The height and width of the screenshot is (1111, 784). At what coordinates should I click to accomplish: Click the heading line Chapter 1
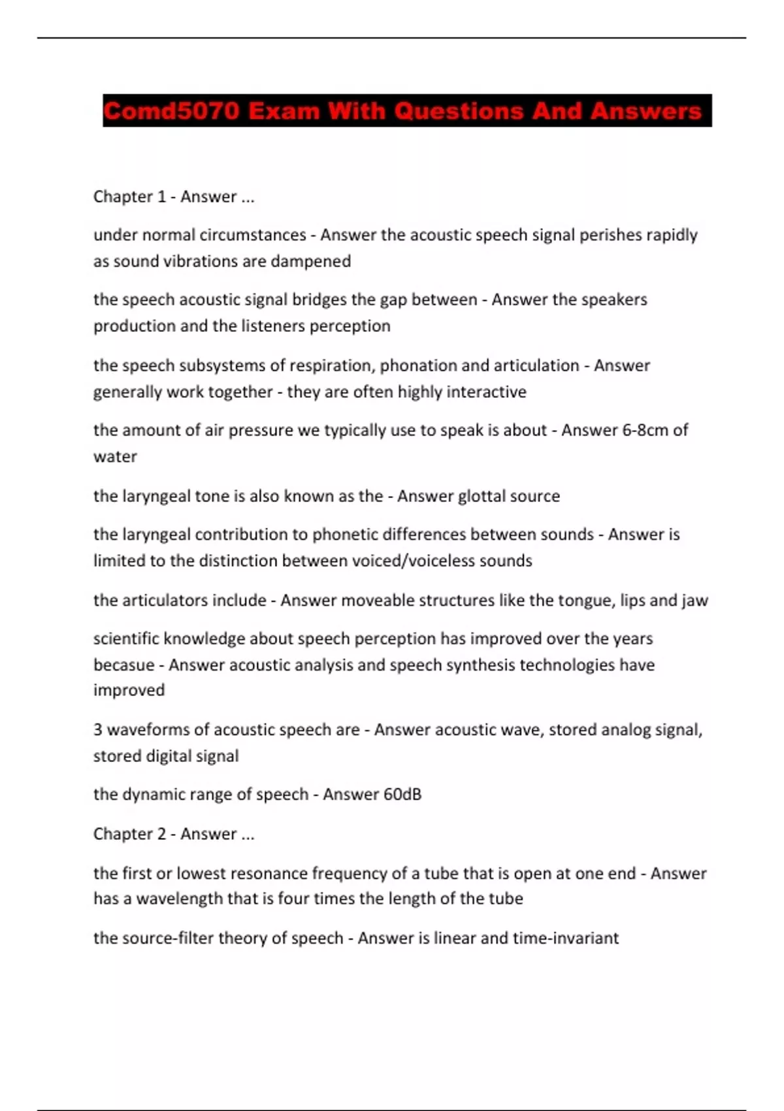click(x=174, y=197)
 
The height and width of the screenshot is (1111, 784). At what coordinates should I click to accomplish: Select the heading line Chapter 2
click(x=174, y=834)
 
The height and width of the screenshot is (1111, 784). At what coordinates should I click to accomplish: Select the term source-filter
click(x=167, y=938)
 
